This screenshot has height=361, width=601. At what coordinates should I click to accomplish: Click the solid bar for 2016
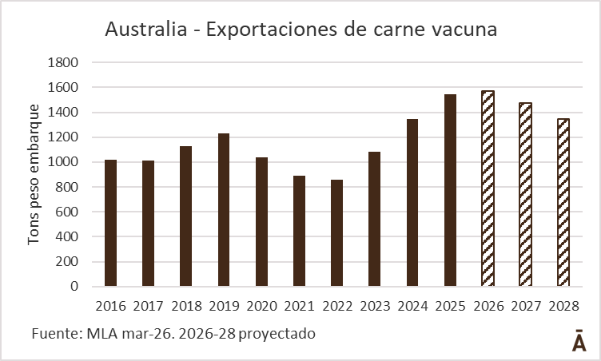coord(110,223)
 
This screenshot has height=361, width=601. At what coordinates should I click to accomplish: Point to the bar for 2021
coord(299,231)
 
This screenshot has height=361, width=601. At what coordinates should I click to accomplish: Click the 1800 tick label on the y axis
coord(63,62)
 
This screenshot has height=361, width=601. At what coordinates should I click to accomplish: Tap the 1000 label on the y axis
coord(63,162)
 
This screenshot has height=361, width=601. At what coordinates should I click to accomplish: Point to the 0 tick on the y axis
coord(74,286)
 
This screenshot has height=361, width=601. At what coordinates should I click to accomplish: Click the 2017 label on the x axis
coord(148,306)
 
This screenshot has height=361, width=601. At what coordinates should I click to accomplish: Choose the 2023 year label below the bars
coord(375,306)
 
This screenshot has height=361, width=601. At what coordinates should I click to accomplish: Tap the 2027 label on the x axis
coord(525,306)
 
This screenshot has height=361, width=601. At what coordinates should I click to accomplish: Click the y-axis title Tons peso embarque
coord(34,173)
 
